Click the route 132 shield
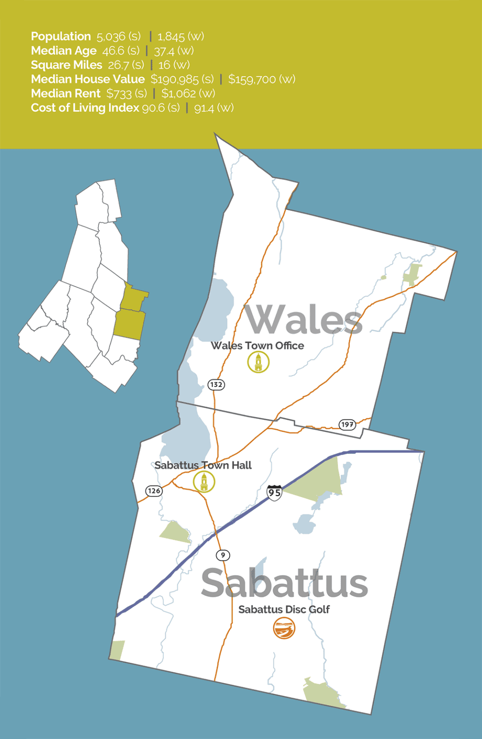point(216,384)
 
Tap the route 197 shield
point(347,424)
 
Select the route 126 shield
point(154,491)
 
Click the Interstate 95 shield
point(274,493)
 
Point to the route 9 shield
point(223,555)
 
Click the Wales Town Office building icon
point(258,363)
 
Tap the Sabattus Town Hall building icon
point(204,482)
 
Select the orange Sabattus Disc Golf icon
point(284,628)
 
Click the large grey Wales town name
point(303,320)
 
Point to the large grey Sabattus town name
point(284,584)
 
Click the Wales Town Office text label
point(257,346)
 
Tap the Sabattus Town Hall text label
point(203,465)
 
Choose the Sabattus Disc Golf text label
point(284,609)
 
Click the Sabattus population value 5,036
point(111,37)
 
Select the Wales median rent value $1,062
point(179,93)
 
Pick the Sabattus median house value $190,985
point(175,79)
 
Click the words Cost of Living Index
point(85,108)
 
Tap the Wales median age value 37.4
point(164,51)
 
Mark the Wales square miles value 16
point(164,65)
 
